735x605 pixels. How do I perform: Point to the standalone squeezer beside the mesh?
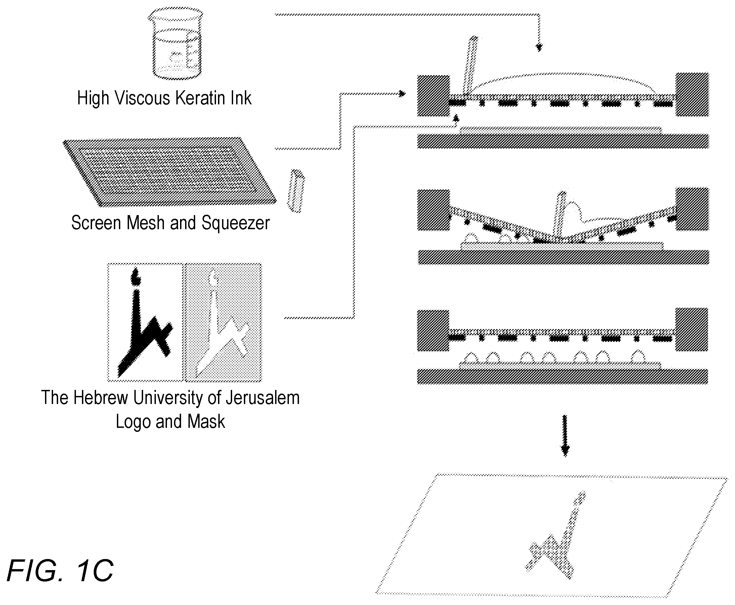coord(296,191)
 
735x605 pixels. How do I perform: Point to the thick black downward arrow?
coord(565,436)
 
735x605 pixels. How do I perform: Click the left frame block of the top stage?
coord(433,96)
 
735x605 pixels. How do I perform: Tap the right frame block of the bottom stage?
coord(691,329)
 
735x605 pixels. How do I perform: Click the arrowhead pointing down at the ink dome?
coord(539,47)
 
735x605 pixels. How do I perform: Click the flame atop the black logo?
coord(136,276)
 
